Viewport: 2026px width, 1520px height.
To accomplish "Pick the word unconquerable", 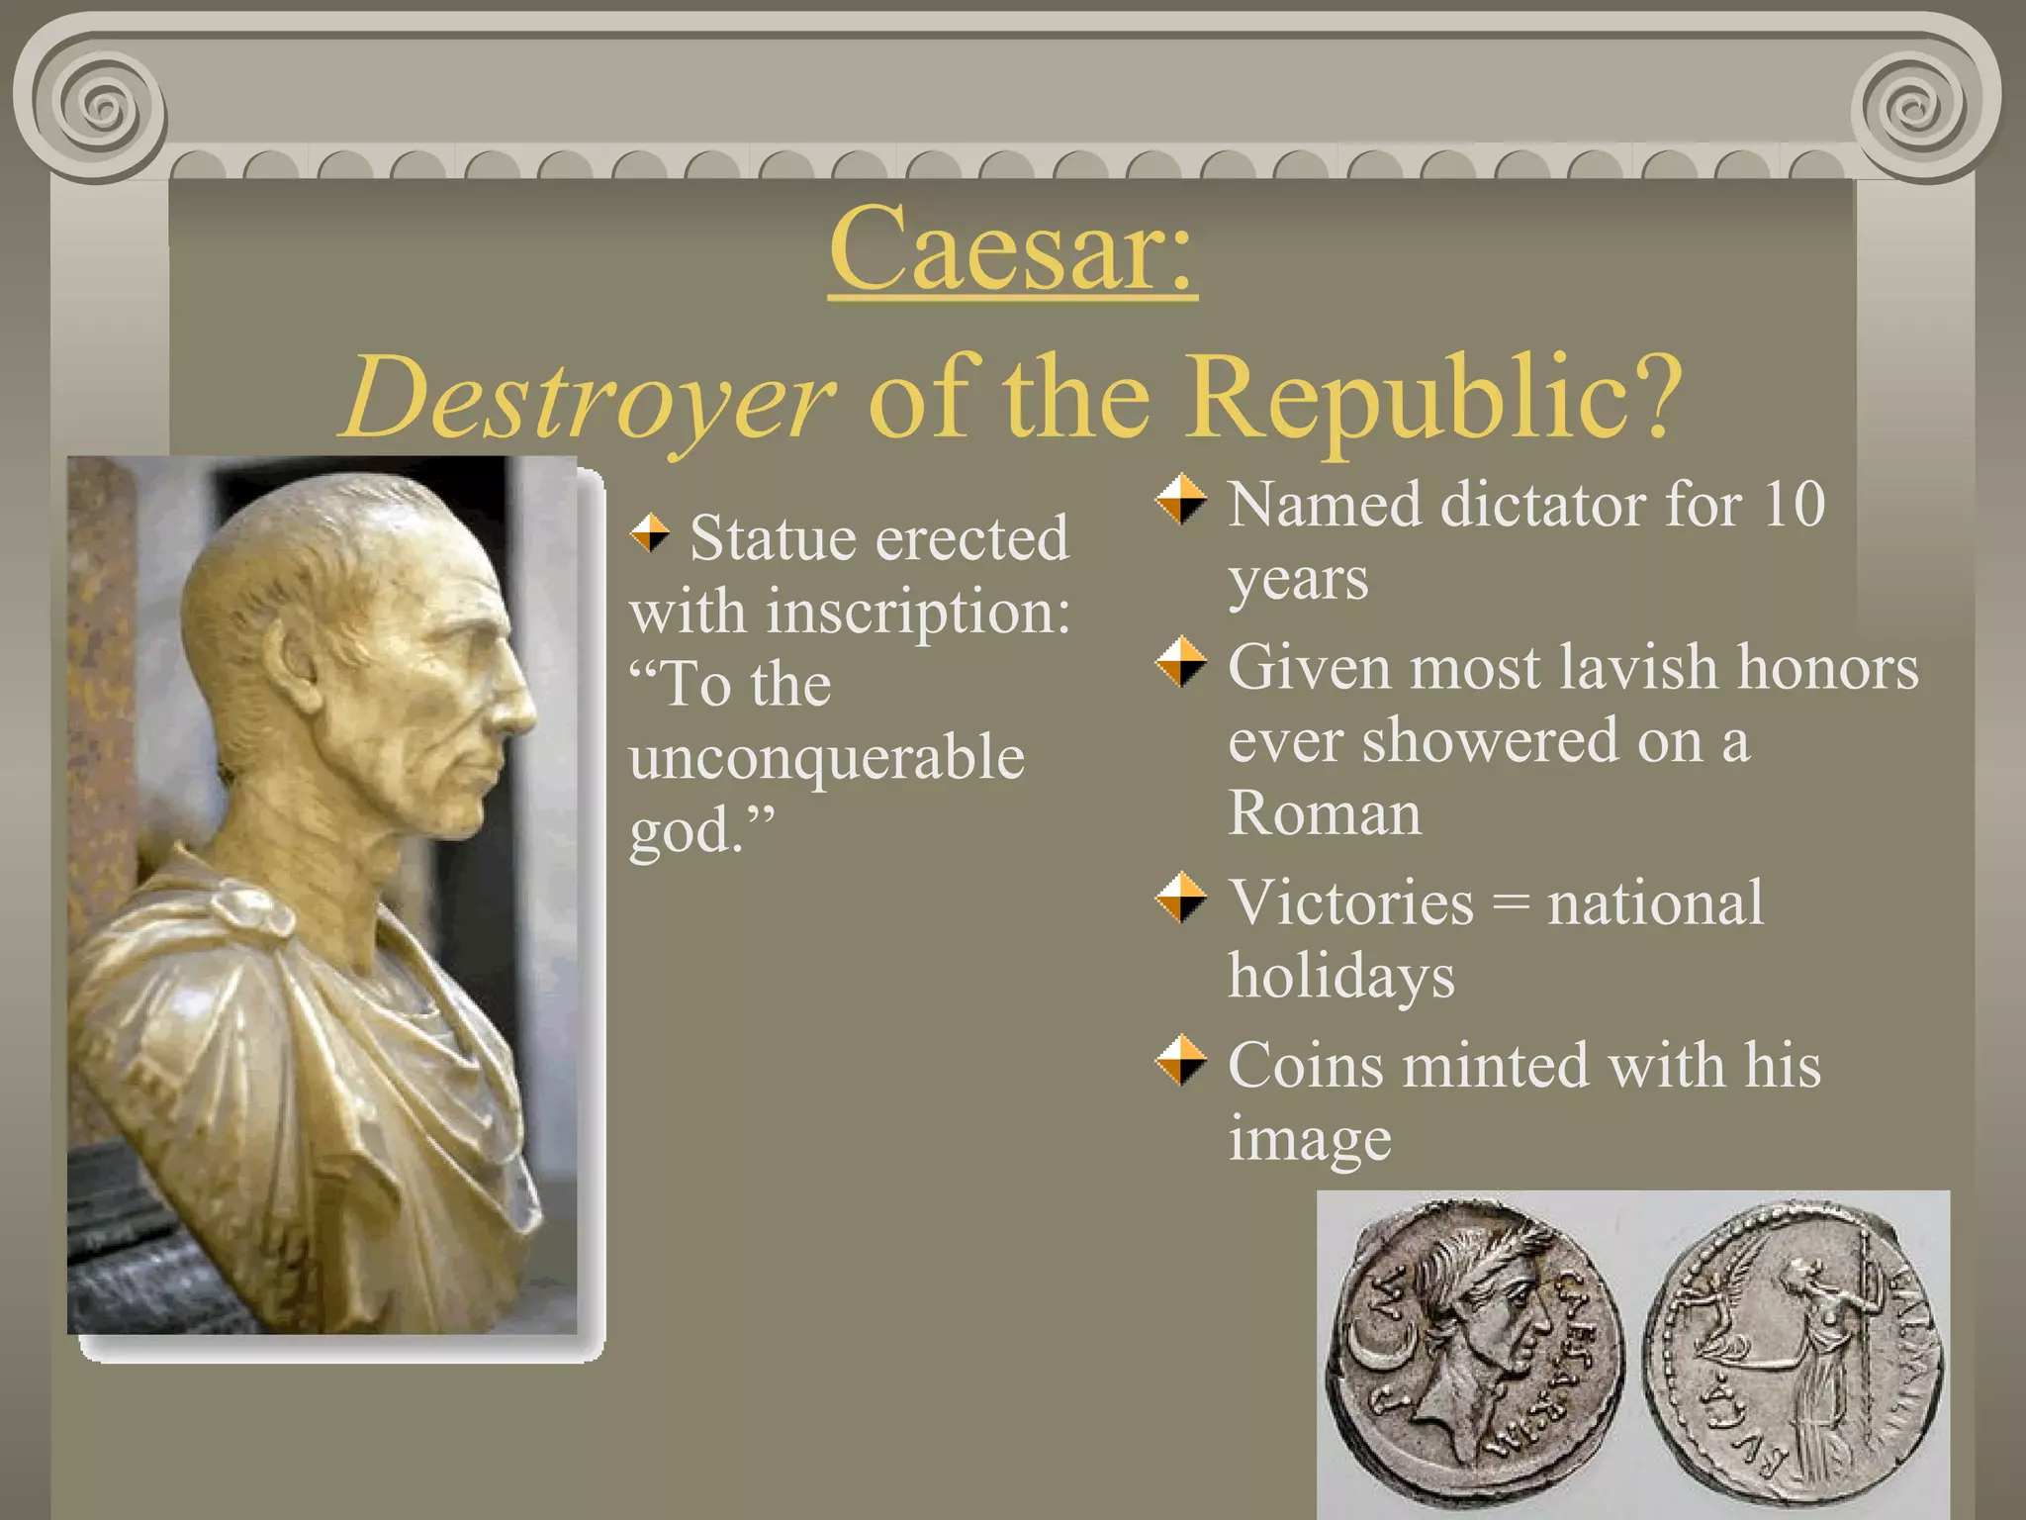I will click(826, 758).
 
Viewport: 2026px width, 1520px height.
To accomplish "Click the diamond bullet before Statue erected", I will click(650, 533).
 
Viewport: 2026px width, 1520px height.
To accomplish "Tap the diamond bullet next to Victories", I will click(1181, 898).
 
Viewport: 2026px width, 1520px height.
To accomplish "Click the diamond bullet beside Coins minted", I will click(1181, 1061).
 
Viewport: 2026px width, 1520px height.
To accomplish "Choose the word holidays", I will click(1340, 976).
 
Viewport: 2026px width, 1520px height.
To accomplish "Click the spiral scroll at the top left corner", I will click(99, 103).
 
